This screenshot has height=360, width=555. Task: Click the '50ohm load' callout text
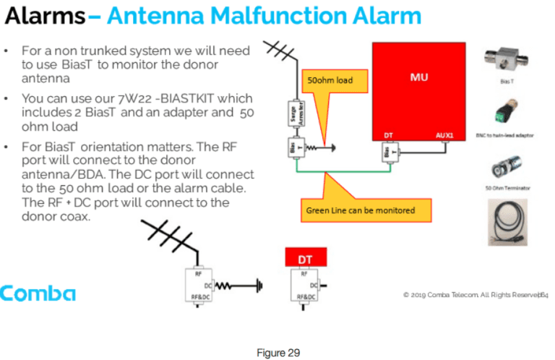tap(330, 80)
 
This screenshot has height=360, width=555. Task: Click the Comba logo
tap(38, 293)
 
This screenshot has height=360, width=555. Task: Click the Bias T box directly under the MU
tap(390, 154)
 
